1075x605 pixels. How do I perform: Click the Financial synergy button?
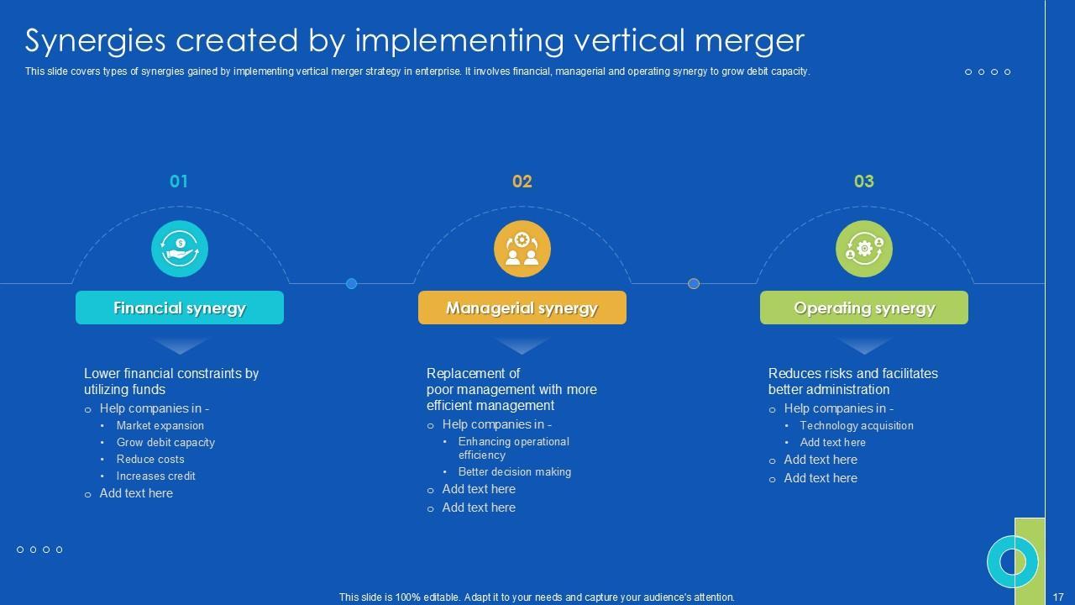click(x=180, y=308)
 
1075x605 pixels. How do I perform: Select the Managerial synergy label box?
click(x=522, y=308)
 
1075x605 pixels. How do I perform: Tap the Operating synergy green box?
click(x=863, y=308)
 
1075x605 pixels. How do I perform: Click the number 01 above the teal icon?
click(x=179, y=181)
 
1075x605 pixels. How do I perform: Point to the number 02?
click(x=522, y=181)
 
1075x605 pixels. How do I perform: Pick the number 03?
click(x=863, y=181)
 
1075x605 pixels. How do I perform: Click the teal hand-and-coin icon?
click(x=180, y=249)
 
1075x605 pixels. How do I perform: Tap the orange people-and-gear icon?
click(x=522, y=249)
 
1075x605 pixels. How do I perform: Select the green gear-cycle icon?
click(x=863, y=249)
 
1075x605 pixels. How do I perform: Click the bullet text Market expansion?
click(x=160, y=426)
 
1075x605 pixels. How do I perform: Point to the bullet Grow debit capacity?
click(x=165, y=443)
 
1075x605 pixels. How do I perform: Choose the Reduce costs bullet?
click(x=150, y=460)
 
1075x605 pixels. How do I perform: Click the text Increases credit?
click(x=156, y=476)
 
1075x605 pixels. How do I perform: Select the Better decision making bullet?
click(x=515, y=472)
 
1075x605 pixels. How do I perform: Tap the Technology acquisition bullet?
click(x=857, y=426)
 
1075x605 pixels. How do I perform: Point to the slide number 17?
click(x=1058, y=597)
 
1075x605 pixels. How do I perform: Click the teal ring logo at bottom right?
click(x=1012, y=561)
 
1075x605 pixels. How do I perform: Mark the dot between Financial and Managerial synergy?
click(x=351, y=284)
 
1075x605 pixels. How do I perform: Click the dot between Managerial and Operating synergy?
click(x=693, y=284)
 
